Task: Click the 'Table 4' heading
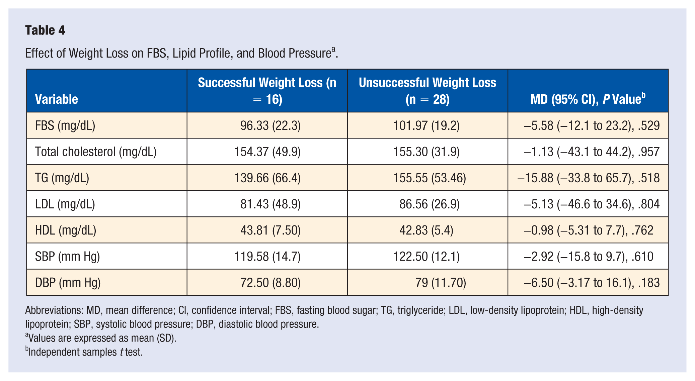tap(45, 30)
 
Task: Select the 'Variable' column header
tap(57, 99)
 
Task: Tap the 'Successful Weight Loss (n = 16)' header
tap(267, 91)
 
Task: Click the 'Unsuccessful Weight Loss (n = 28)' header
tap(428, 91)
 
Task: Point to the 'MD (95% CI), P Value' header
tap(588, 99)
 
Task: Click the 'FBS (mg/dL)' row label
tap(65, 125)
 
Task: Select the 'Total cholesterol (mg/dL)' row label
tap(96, 152)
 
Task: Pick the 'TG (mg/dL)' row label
tap(62, 178)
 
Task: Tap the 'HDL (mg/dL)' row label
tap(66, 230)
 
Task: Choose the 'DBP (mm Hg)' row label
tap(68, 283)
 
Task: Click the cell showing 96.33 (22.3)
tap(271, 125)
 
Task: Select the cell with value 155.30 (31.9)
tap(427, 152)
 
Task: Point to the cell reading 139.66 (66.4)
tap(267, 178)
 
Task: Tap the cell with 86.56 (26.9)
tap(430, 204)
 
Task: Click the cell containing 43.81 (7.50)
tap(271, 230)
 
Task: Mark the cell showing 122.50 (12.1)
tap(427, 257)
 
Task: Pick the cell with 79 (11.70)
tap(441, 283)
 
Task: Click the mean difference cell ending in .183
tap(592, 283)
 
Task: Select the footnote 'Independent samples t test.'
tap(84, 352)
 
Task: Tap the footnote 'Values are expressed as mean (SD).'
tap(101, 338)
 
